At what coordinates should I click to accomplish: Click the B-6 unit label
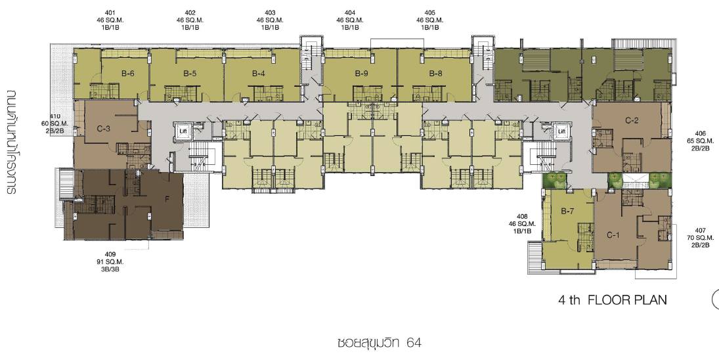(x=128, y=74)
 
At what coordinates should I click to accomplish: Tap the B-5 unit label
(x=190, y=74)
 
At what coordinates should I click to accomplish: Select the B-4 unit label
(x=258, y=74)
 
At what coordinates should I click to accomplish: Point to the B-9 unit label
(x=361, y=74)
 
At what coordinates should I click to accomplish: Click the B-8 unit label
(x=435, y=74)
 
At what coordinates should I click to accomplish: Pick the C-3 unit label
(x=104, y=129)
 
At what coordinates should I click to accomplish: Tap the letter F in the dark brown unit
(x=167, y=200)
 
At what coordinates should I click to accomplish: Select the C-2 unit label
(x=632, y=121)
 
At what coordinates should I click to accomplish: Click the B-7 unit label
(x=567, y=212)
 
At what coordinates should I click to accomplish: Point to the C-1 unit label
(x=613, y=235)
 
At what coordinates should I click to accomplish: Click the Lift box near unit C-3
(x=183, y=131)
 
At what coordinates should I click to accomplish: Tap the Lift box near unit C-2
(x=561, y=131)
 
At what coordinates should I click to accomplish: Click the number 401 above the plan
(x=110, y=13)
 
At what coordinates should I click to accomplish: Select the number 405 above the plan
(x=429, y=13)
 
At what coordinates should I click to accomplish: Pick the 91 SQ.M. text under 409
(x=110, y=262)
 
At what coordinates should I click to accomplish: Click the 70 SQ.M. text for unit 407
(x=700, y=238)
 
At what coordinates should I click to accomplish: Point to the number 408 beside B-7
(x=522, y=216)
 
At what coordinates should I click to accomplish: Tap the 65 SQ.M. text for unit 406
(x=700, y=141)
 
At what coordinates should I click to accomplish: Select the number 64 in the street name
(x=414, y=342)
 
